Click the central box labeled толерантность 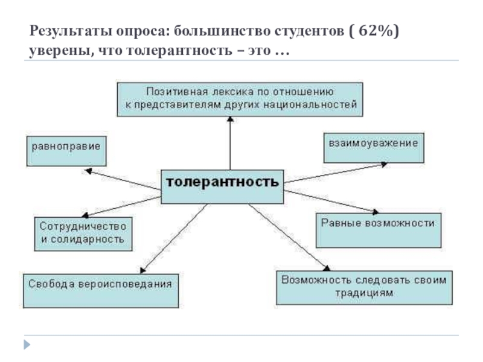(222, 182)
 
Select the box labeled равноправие (66, 151)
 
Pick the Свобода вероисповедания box (101, 289)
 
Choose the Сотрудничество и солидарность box (82, 232)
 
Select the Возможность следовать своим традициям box (364, 287)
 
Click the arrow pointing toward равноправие (124, 180)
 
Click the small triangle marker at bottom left (26, 345)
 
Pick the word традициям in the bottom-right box (364, 294)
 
